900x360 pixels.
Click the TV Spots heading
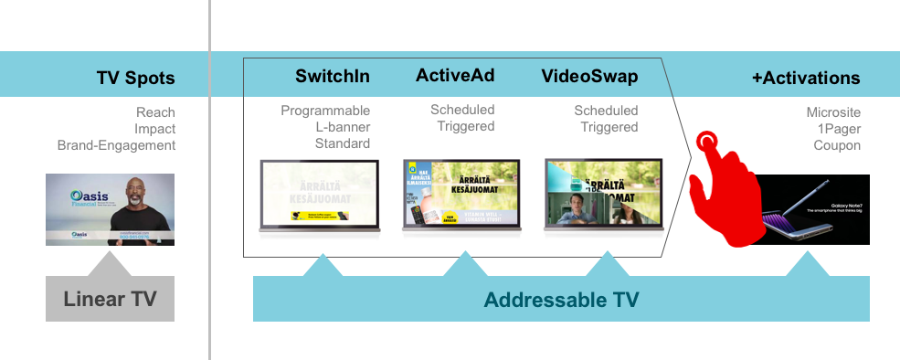click(x=135, y=78)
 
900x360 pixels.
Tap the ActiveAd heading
click(x=455, y=76)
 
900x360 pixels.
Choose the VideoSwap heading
click(x=589, y=76)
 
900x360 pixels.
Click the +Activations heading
click(x=806, y=78)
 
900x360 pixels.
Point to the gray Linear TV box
click(x=110, y=299)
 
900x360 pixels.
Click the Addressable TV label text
click(x=560, y=299)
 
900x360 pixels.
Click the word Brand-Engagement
click(x=116, y=145)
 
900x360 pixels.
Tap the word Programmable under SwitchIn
click(x=324, y=111)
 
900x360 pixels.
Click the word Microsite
click(x=832, y=112)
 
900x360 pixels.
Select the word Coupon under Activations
click(x=837, y=145)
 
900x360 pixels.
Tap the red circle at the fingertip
click(x=706, y=142)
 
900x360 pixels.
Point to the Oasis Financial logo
click(x=73, y=200)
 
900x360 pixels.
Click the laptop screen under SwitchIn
click(x=319, y=195)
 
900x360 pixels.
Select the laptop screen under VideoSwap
click(x=603, y=195)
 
